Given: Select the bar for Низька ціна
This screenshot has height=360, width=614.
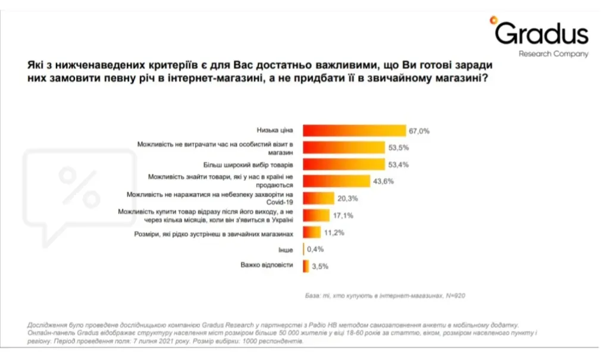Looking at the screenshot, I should [x=353, y=130].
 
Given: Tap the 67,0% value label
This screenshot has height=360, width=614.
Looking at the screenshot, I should [x=419, y=130].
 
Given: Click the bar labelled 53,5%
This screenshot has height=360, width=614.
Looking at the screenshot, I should [x=343, y=147].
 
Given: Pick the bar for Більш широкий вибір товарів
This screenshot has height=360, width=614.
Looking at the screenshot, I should [x=343, y=164].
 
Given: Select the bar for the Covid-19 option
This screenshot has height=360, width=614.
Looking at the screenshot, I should [x=318, y=198].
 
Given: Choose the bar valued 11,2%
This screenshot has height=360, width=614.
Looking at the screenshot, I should [x=312, y=232].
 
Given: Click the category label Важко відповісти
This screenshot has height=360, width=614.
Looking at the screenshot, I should [x=267, y=265].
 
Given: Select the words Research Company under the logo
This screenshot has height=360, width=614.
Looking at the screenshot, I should [x=553, y=54].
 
